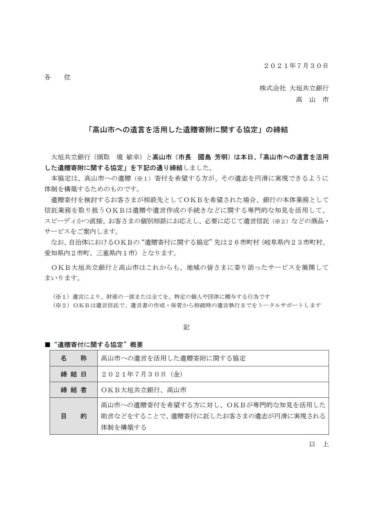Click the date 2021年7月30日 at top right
point(296,66)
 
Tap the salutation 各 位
point(58,77)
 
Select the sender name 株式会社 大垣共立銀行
point(294,88)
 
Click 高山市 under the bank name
point(312,100)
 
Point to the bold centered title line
point(188,130)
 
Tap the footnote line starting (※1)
point(161,297)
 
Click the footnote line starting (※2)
point(187,305)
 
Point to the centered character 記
point(186,327)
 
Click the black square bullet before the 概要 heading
point(47,345)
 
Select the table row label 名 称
point(74,358)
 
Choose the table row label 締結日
point(74,374)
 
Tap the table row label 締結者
point(74,390)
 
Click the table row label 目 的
point(74,416)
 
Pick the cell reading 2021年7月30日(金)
point(142,374)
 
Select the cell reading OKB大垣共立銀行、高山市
point(144,390)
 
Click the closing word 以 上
point(319,444)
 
